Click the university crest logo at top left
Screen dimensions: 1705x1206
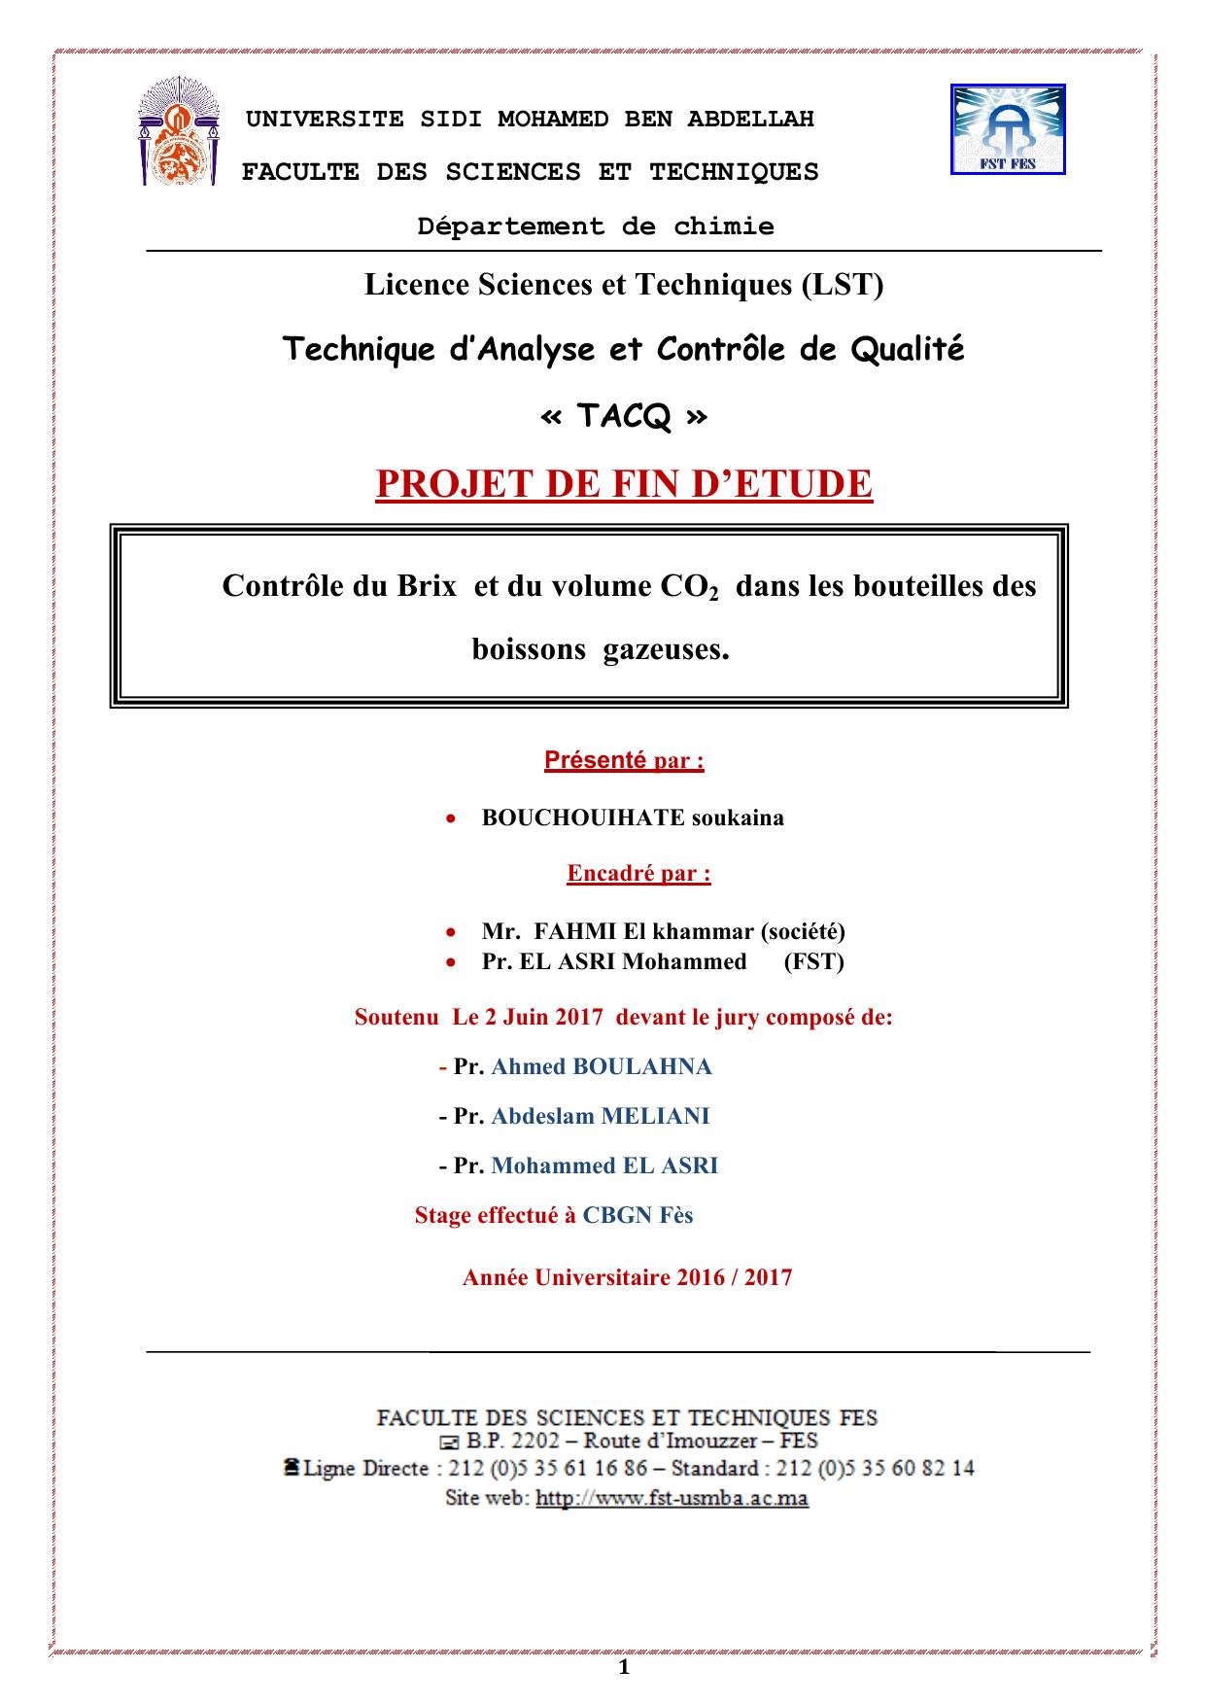(178, 135)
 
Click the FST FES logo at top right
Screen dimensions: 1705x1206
(1008, 129)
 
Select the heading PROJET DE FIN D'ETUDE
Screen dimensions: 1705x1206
(624, 484)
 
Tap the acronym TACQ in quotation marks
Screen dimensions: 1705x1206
(623, 416)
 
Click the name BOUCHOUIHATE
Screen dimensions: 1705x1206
(583, 818)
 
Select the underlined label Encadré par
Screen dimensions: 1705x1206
(638, 873)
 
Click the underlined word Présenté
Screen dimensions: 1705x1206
(595, 760)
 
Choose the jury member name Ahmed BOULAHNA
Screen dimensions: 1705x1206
(602, 1066)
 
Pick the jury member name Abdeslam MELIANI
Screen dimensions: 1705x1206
(601, 1116)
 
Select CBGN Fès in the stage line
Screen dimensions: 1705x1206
(637, 1215)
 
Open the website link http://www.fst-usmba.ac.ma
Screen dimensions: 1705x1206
(672, 1498)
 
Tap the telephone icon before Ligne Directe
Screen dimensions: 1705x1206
(291, 1467)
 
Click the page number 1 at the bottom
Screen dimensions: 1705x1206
(624, 1669)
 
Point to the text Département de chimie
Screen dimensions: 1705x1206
(596, 226)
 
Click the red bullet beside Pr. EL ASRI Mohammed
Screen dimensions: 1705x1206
(450, 961)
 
